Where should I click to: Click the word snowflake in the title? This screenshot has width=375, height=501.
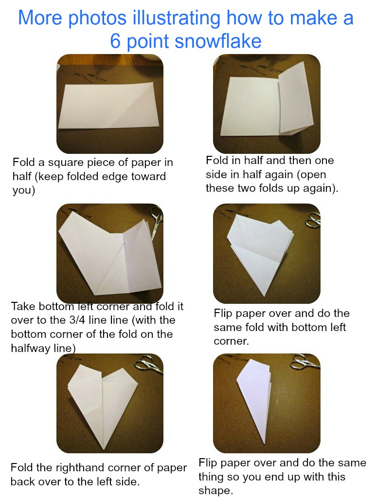point(218,41)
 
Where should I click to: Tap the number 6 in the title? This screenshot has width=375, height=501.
point(116,41)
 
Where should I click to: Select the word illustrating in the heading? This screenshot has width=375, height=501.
point(176,18)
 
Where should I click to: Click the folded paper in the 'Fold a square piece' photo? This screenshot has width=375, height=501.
point(110,106)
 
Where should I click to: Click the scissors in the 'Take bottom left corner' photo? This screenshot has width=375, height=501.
point(157,222)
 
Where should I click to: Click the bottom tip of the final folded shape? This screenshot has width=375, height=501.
point(265,444)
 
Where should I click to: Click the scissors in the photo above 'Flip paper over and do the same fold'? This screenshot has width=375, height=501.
point(313,220)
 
